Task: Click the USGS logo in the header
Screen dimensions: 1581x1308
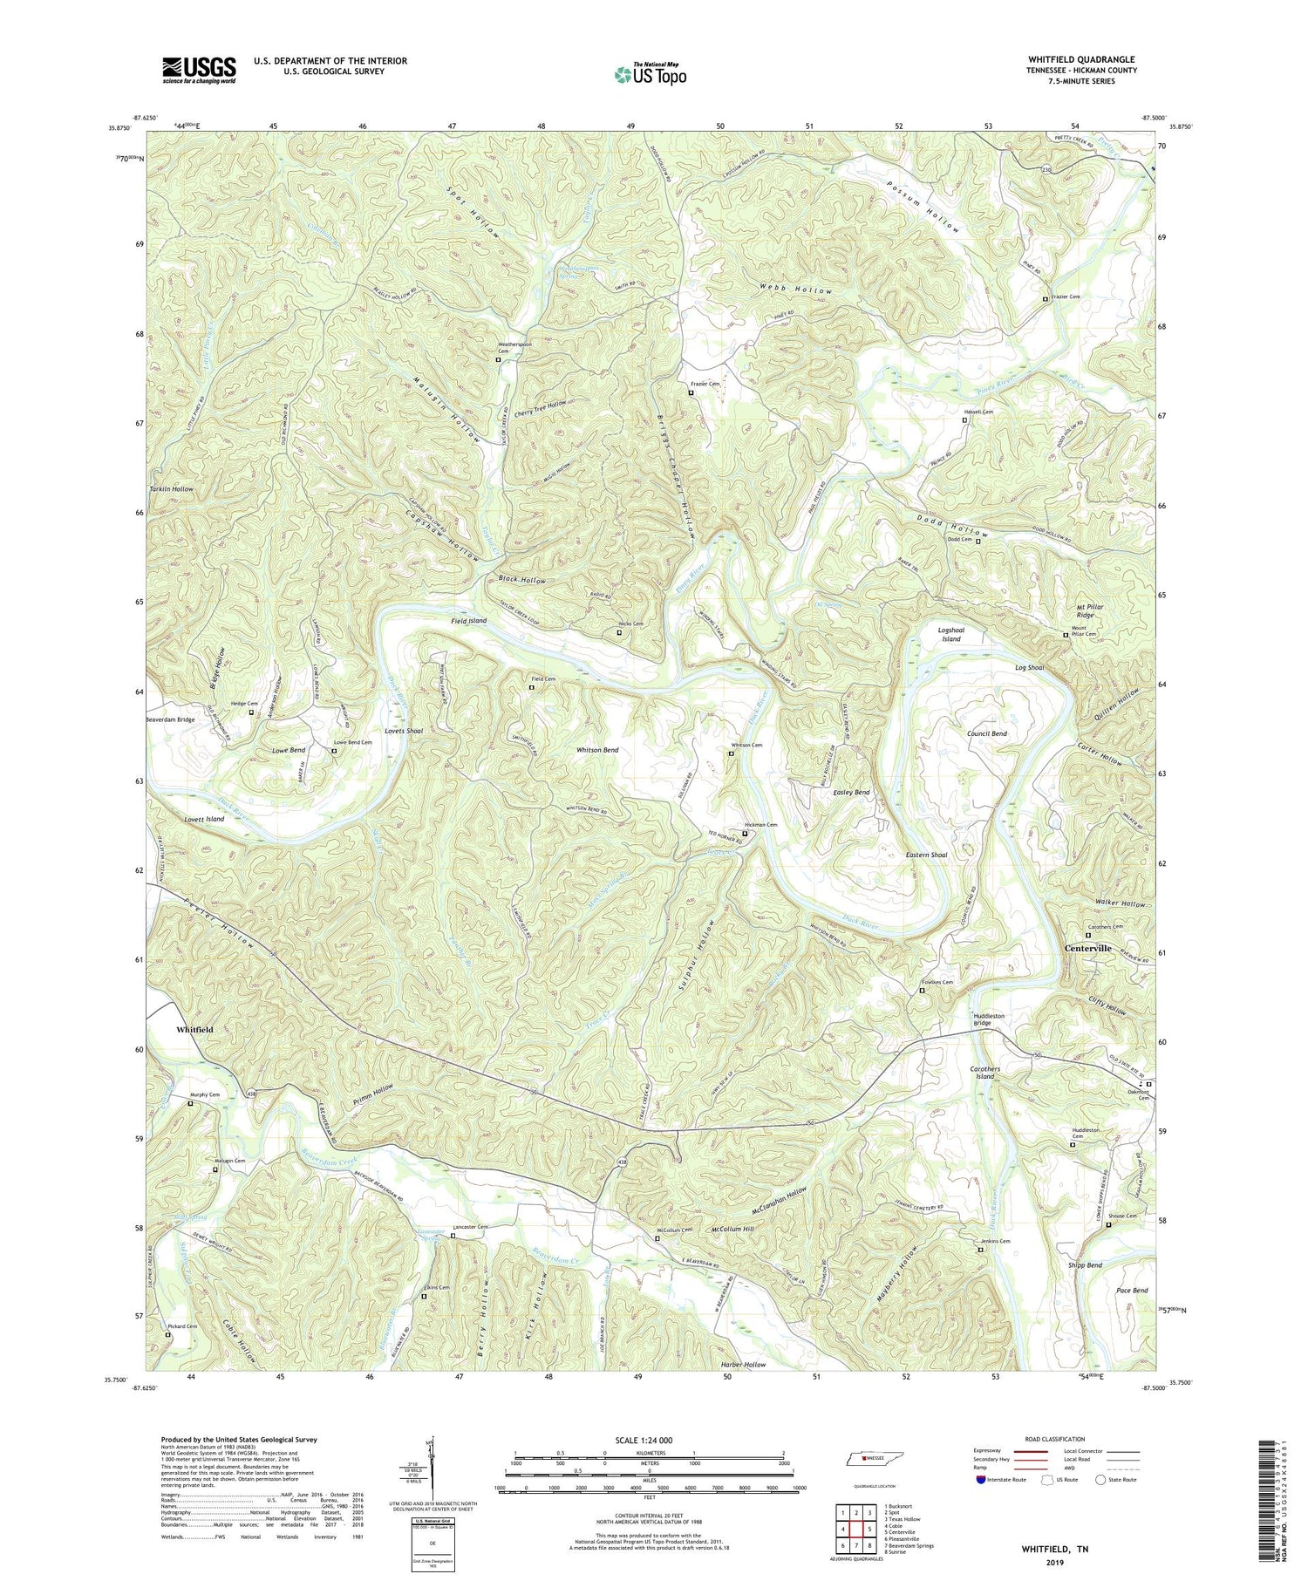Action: tap(199, 70)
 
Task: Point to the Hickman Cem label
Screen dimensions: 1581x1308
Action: tap(760, 825)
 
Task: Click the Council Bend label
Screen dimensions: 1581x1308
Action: tap(986, 734)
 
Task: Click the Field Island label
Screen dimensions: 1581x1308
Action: tap(468, 621)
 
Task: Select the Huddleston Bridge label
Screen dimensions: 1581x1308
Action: tap(989, 1019)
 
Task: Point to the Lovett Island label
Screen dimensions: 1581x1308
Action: tap(204, 820)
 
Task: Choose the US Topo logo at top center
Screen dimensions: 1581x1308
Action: tap(650, 75)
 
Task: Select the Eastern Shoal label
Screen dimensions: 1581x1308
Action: tap(926, 855)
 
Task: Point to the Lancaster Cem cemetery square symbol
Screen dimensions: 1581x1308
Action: tap(453, 1236)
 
